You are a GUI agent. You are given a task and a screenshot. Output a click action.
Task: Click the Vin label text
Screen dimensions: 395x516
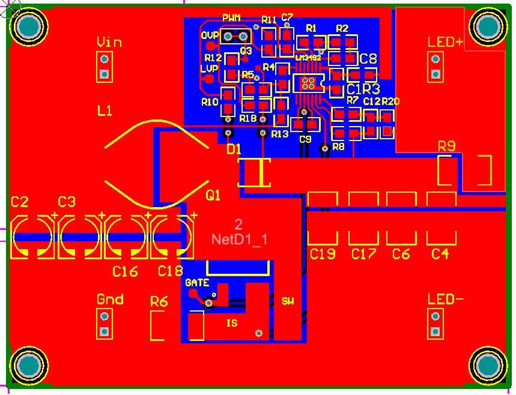click(109, 42)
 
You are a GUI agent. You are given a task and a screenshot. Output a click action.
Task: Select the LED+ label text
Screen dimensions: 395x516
click(446, 42)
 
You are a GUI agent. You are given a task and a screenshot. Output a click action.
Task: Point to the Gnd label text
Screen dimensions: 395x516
click(110, 299)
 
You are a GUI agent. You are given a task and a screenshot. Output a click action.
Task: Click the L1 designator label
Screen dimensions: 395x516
click(105, 110)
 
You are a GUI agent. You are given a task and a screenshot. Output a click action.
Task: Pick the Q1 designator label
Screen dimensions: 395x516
click(213, 195)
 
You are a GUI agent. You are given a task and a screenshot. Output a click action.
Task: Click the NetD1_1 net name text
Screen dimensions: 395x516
click(239, 239)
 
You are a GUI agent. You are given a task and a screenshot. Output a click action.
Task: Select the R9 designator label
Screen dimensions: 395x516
click(446, 145)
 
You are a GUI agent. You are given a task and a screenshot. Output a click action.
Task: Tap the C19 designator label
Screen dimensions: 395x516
click(323, 254)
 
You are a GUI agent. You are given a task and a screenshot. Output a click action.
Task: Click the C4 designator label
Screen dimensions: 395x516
click(440, 254)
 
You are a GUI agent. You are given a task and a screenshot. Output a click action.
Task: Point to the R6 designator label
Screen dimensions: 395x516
click(159, 301)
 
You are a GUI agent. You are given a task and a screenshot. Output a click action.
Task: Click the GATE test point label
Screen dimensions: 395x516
click(197, 282)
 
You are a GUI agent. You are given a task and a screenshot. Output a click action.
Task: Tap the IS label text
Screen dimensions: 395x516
click(232, 323)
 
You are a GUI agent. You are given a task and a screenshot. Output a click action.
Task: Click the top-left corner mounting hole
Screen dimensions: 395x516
click(28, 26)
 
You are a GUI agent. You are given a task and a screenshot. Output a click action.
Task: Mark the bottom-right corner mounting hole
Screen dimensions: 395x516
click(487, 366)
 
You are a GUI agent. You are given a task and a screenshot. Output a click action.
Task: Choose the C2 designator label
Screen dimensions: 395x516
click(20, 202)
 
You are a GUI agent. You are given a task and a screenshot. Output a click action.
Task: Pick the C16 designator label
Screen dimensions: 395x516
click(125, 271)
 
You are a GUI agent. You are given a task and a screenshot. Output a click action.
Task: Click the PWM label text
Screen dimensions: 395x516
click(231, 17)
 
